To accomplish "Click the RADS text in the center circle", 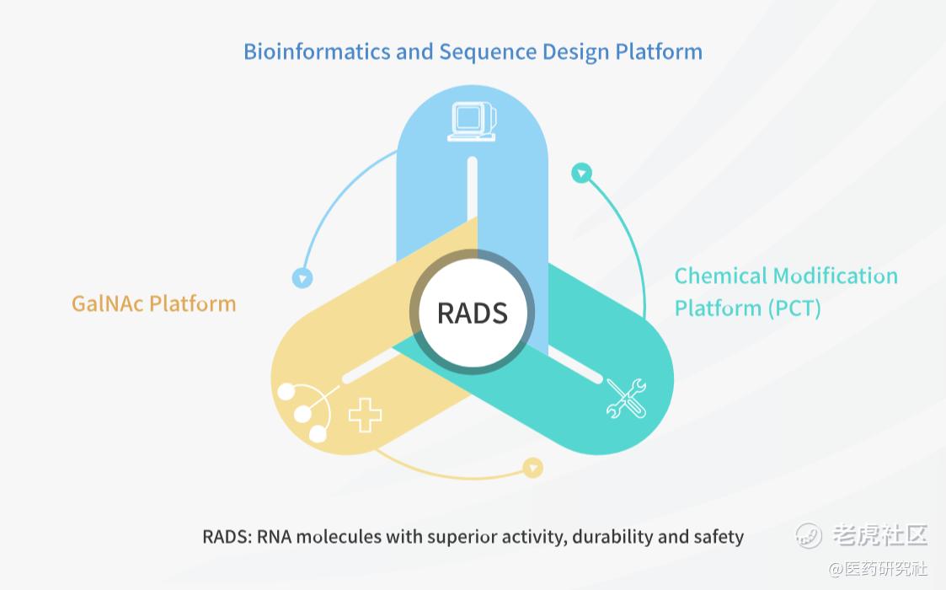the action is click(472, 313).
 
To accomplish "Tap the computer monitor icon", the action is click(473, 121).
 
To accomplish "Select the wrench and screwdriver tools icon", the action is click(626, 399).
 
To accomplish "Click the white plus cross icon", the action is click(365, 415).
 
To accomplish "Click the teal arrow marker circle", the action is click(581, 174).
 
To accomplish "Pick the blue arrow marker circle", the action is click(302, 278).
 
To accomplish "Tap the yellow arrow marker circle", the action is click(532, 468).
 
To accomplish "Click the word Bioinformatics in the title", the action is click(317, 52).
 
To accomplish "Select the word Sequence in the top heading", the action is click(487, 53).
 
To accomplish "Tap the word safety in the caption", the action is click(719, 537).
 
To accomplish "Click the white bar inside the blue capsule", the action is click(473, 189).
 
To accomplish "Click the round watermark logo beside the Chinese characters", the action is click(809, 535).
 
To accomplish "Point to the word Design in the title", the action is click(575, 53).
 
